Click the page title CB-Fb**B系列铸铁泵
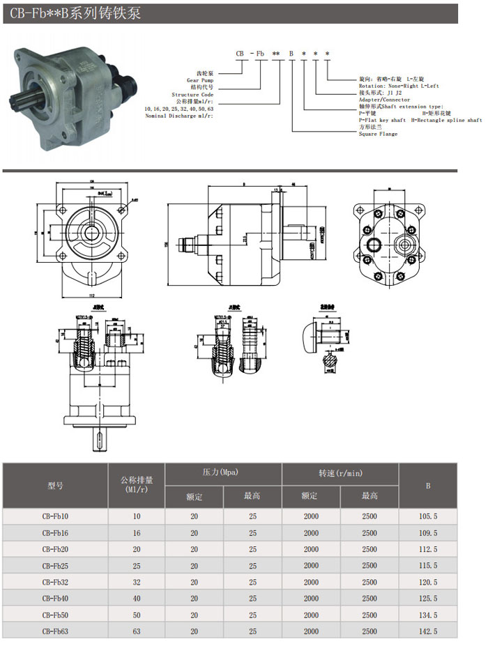[76, 13]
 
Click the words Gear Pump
[199, 81]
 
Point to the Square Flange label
[378, 134]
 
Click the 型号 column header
[55, 485]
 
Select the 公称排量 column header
[136, 485]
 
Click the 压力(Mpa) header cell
[222, 473]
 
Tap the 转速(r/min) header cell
[340, 473]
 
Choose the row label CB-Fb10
[55, 516]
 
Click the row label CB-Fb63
[55, 631]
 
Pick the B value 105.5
[428, 516]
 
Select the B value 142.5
[428, 631]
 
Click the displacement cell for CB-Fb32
[136, 582]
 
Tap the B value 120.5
[428, 582]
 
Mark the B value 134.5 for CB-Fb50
[428, 615]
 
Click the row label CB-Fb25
[55, 565]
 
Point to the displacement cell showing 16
[136, 533]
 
